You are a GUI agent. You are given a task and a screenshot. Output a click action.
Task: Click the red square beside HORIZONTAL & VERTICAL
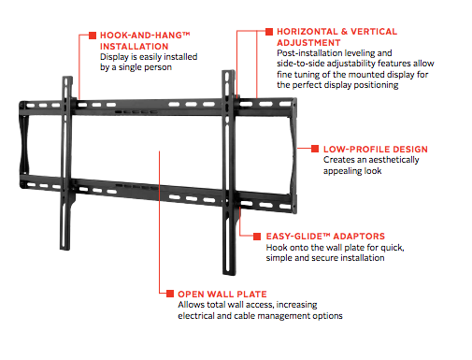[270, 31]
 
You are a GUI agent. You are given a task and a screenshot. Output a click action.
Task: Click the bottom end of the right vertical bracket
[227, 265]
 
